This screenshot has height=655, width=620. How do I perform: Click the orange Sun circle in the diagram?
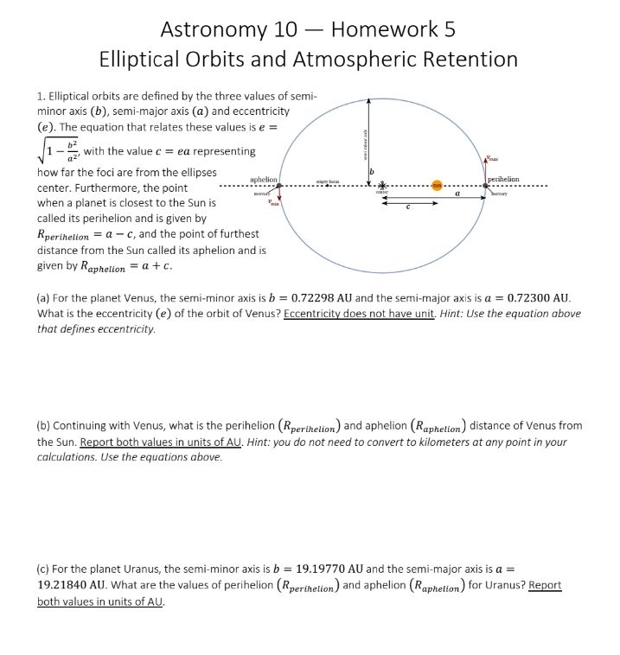(438, 187)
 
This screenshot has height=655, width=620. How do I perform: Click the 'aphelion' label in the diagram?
(263, 179)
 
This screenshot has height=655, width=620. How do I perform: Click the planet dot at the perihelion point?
(486, 187)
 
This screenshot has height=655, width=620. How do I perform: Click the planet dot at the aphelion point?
(280, 187)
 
